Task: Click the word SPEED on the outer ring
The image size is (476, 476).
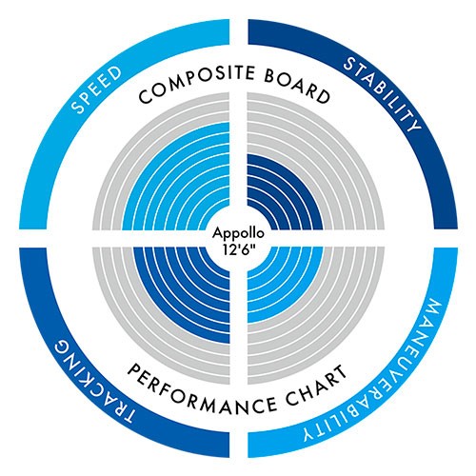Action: (96, 89)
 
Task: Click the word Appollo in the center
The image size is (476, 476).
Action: (238, 233)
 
